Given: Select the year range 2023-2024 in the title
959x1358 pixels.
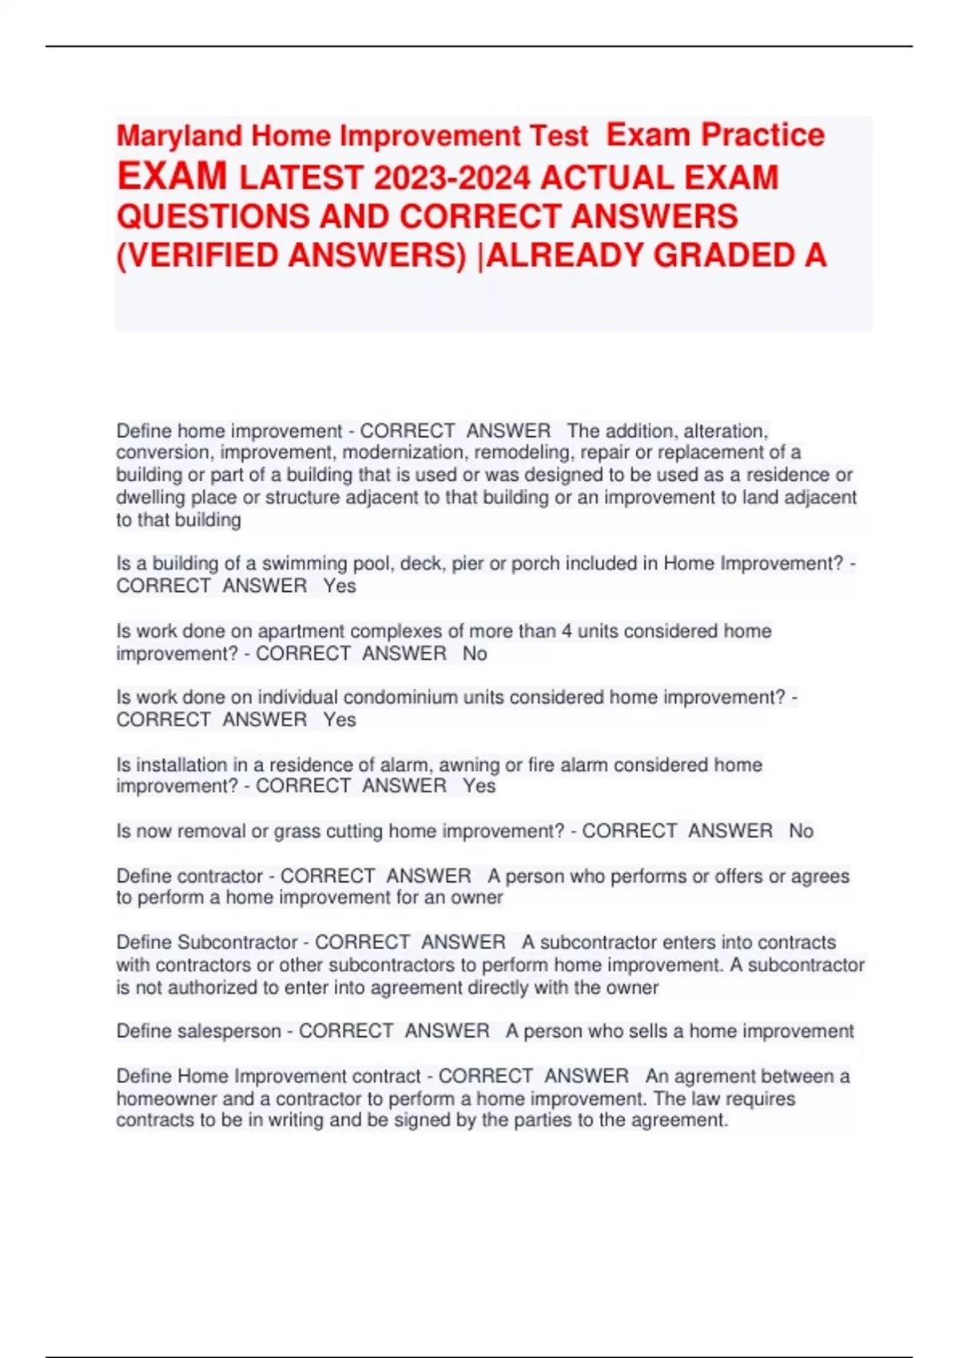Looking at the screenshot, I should click(452, 177).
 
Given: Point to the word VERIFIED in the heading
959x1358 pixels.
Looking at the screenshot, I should click(198, 256).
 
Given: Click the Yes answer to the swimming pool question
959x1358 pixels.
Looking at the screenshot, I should click(340, 586).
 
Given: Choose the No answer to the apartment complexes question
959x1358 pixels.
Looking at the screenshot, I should click(475, 653).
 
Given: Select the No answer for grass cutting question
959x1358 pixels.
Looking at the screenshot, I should click(801, 832).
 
